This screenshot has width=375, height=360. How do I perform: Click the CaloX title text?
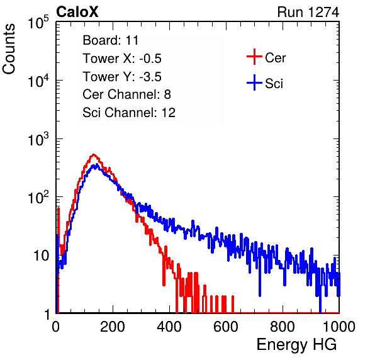(77, 12)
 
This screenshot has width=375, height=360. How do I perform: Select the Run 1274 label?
(308, 12)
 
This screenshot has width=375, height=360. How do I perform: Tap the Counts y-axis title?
(9, 49)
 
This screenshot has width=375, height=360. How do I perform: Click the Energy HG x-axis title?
(296, 345)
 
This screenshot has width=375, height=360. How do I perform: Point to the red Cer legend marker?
(254, 57)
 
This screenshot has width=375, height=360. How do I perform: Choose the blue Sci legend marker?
(254, 83)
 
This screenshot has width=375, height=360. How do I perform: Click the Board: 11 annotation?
(111, 40)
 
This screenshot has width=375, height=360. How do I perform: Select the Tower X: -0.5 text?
(122, 59)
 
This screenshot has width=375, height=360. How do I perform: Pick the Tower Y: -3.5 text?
(122, 77)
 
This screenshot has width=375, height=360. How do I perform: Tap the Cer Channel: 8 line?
(126, 94)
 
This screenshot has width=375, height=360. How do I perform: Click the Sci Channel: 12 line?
(129, 113)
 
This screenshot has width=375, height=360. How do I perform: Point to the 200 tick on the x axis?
(113, 327)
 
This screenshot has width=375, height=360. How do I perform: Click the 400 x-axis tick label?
(169, 327)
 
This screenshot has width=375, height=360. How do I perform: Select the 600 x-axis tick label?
(226, 327)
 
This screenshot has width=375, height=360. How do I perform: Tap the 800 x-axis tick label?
(283, 327)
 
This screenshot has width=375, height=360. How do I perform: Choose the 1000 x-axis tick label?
(339, 327)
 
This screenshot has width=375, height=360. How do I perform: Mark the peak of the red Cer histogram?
(93, 155)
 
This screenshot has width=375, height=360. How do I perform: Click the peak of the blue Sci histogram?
(97, 164)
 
